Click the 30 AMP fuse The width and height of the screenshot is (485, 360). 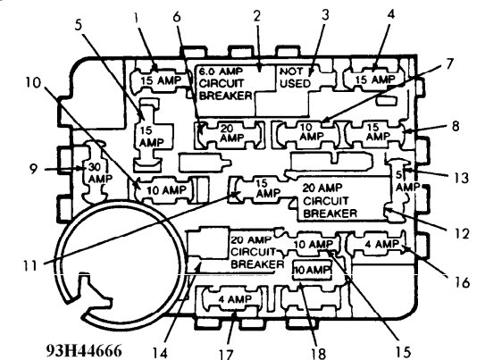[x=94, y=172]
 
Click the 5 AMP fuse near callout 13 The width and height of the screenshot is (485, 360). [x=406, y=180]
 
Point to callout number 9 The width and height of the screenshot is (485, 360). [x=59, y=167]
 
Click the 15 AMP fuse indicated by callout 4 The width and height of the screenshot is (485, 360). [x=371, y=79]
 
